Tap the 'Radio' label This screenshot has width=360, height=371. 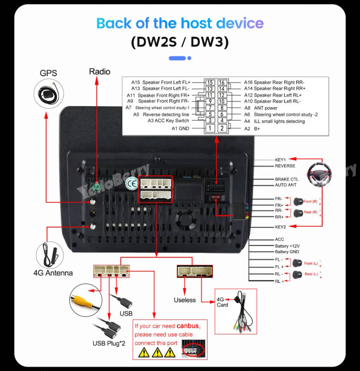coord(100,72)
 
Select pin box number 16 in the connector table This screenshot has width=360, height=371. coord(222,82)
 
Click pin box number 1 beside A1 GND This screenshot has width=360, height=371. coord(210,128)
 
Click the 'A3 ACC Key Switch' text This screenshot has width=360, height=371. coord(168,121)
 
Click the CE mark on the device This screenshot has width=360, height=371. coord(132,183)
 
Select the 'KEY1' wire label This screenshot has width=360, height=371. coord(280,159)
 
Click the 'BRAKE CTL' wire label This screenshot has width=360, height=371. coord(287,179)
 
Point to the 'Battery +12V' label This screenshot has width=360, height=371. coord(287,246)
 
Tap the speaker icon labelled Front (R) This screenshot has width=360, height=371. coord(298,202)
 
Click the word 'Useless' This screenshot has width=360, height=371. coord(184,300)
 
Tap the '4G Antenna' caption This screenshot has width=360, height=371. coord(53,273)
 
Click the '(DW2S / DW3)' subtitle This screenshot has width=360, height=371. coord(180,42)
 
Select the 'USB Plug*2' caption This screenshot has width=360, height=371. coord(108,343)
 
